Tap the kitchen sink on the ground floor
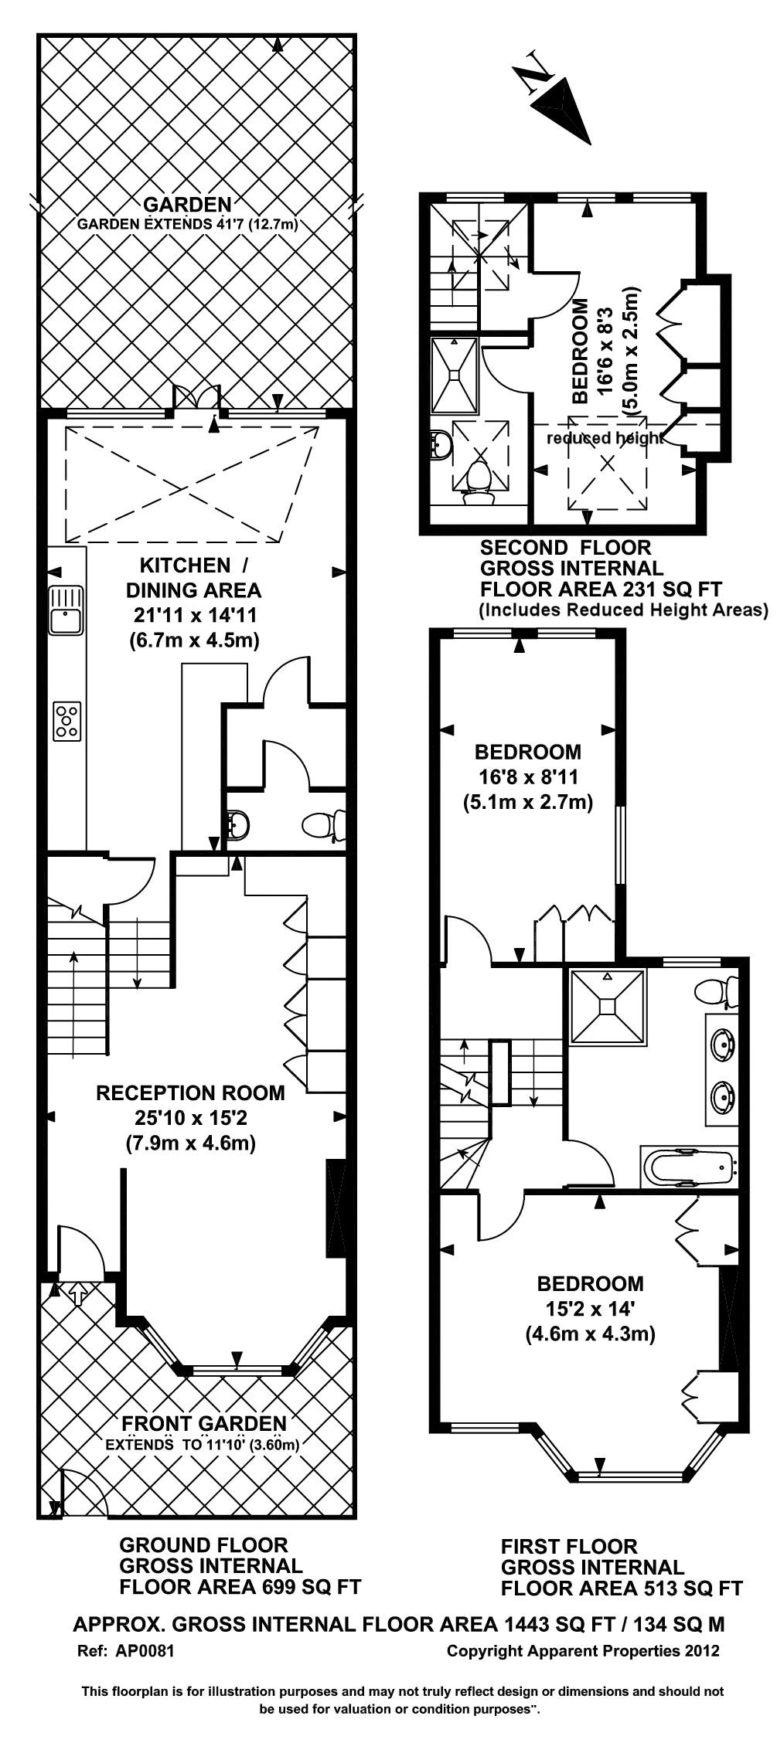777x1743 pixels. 66,610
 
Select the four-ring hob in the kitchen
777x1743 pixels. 67,721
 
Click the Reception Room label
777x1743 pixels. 190,1093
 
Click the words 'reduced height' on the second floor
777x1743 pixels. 604,438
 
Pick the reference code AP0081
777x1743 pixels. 145,1651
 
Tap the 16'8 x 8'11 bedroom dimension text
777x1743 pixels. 527,776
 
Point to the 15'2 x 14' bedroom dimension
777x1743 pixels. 590,1309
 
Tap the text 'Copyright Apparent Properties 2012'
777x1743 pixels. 583,1651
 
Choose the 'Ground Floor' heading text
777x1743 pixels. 203,1545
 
